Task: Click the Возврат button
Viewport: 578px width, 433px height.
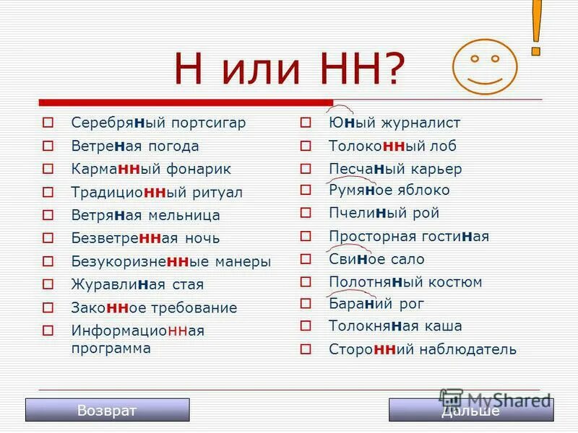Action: (107, 410)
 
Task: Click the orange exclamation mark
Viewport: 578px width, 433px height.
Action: (536, 27)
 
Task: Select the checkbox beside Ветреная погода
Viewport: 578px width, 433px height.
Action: (48, 146)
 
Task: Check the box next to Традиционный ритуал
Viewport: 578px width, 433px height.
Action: (48, 192)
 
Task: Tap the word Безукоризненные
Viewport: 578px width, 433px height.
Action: (135, 261)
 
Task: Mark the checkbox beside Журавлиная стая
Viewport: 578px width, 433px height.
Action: (48, 284)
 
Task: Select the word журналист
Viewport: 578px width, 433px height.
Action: (423, 123)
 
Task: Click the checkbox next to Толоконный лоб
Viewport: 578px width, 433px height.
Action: (306, 146)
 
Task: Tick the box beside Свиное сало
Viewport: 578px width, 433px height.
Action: (306, 258)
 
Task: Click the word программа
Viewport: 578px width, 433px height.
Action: (111, 348)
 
